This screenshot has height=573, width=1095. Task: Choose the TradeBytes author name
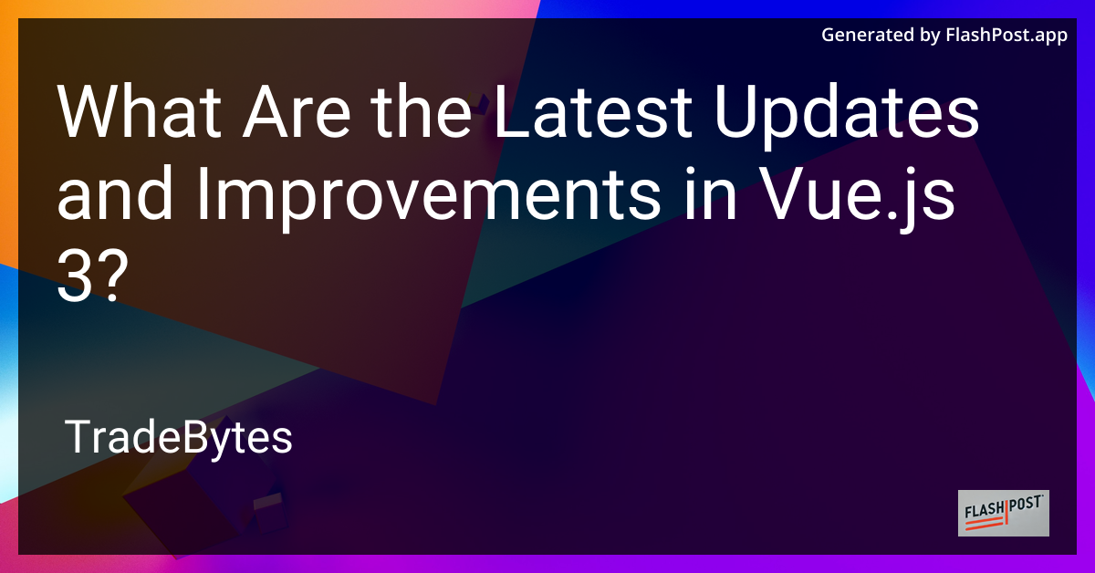(179, 439)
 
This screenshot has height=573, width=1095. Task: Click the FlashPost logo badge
(1003, 513)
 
